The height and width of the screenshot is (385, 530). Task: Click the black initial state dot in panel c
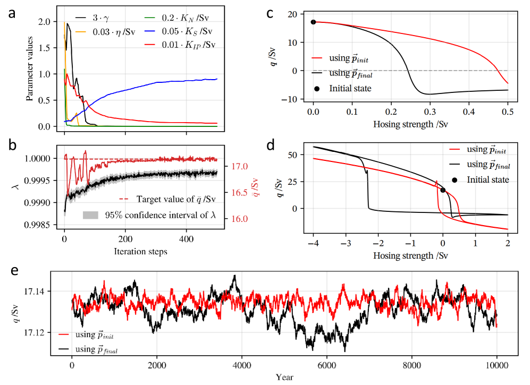(313, 22)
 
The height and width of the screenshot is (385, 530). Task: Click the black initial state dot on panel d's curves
(443, 190)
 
